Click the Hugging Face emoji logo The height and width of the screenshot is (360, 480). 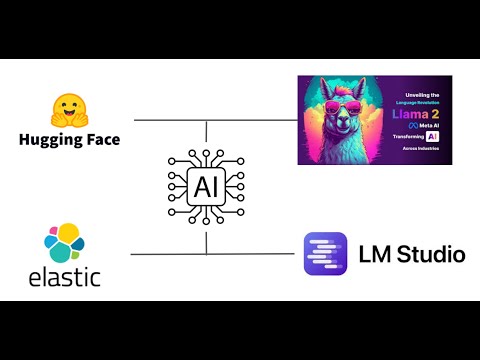point(69,110)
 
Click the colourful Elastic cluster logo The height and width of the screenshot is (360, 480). point(64,244)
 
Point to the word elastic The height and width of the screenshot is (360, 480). point(64,275)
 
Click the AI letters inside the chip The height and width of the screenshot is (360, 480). point(206,183)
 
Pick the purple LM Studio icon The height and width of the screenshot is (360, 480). point(324,254)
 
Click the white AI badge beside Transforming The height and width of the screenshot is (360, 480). point(433,136)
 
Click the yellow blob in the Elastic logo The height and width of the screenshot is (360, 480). point(69,235)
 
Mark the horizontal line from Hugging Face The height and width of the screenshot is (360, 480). point(170,121)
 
